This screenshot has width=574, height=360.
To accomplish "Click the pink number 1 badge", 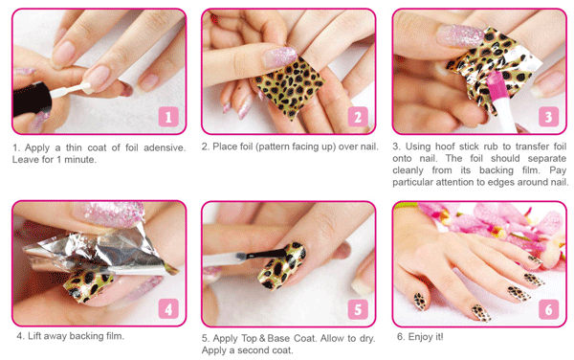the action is tap(168, 117).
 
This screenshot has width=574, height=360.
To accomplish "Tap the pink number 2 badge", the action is tap(358, 117).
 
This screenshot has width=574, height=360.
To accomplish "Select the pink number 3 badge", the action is tap(548, 117).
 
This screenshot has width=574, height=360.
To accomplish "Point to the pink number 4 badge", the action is tap(168, 308).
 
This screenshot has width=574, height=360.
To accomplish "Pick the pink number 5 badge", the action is tap(358, 308).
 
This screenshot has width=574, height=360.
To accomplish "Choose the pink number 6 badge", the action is tap(548, 308).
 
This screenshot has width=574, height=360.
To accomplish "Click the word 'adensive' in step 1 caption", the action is tap(165, 147).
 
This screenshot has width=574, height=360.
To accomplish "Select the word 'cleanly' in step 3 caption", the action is tap(408, 170).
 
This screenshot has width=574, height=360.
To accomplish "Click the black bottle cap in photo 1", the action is tap(32, 100).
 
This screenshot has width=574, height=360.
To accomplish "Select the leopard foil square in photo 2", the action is tap(289, 87).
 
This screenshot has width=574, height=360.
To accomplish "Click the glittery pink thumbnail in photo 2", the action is tap(280, 56).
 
